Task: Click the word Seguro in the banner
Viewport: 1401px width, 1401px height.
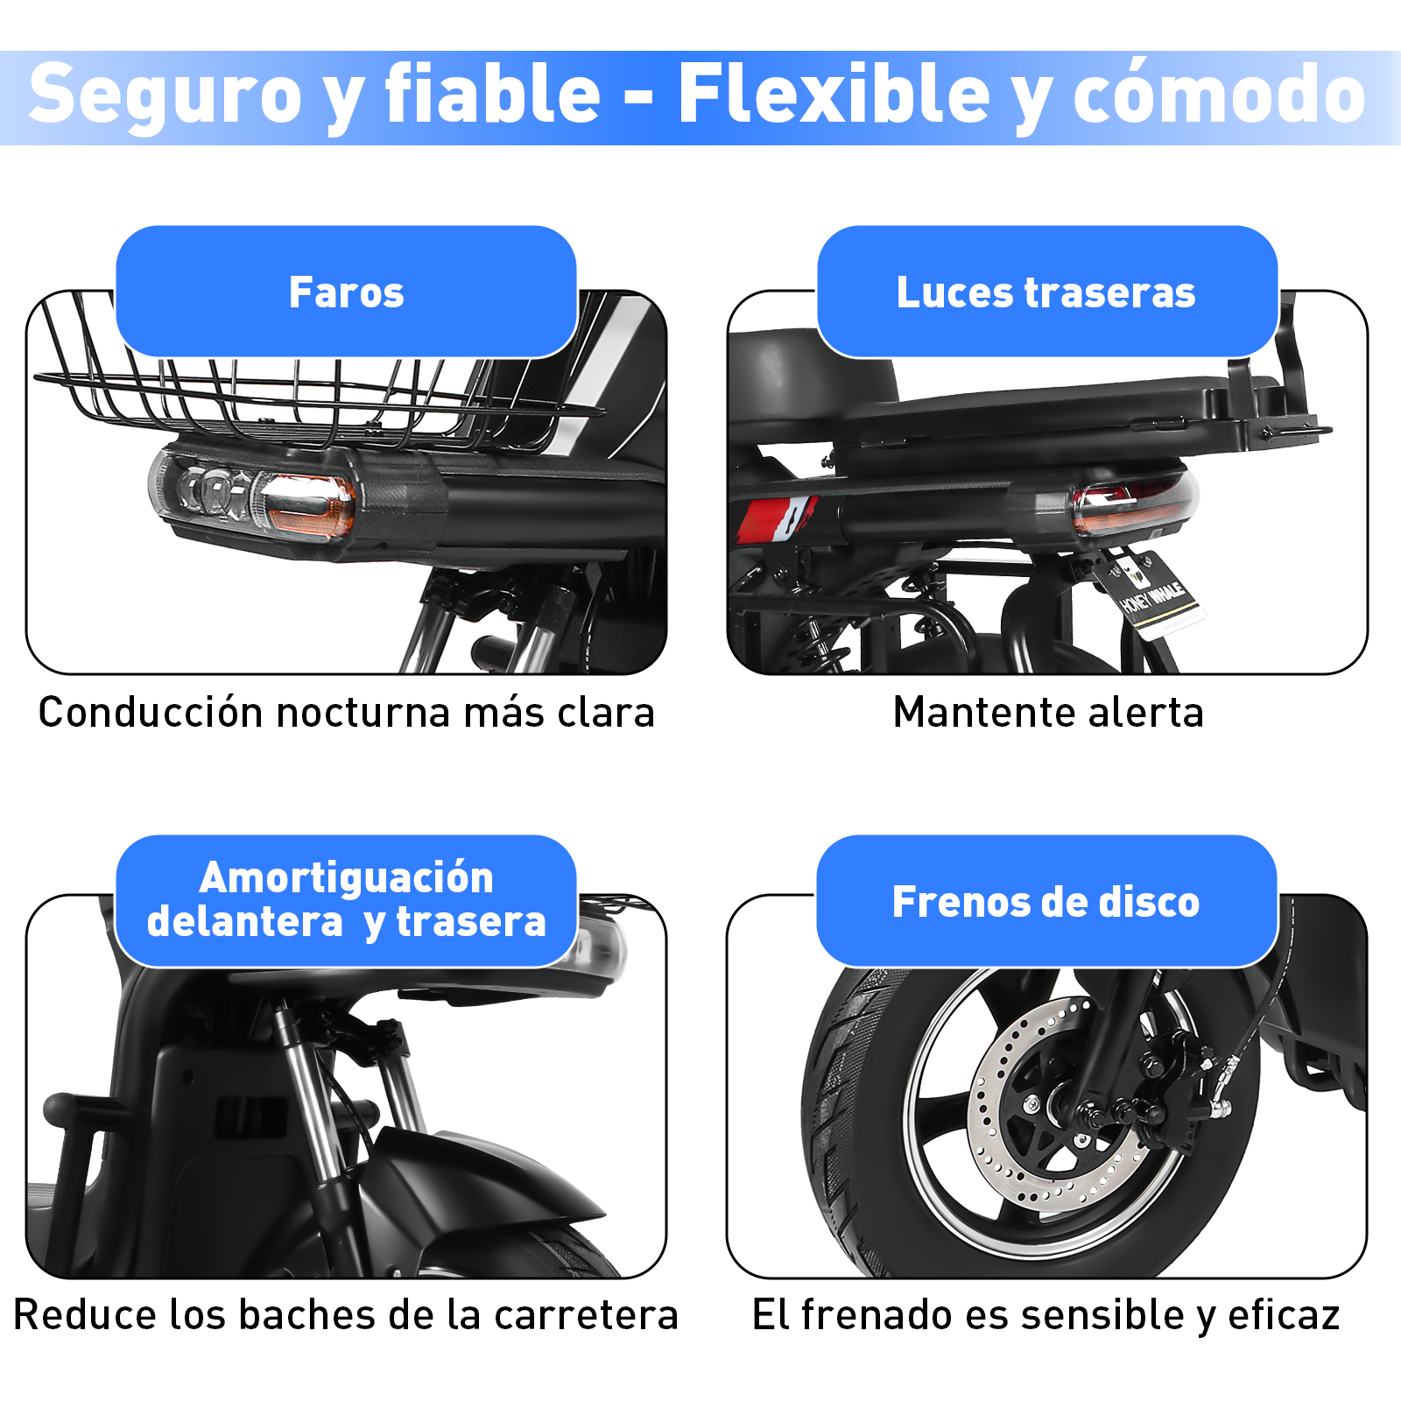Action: [x=165, y=95]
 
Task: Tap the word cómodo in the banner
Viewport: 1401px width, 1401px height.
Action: [x=1219, y=95]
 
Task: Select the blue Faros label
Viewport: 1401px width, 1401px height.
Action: [x=346, y=292]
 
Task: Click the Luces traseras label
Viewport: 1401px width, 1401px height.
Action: [x=1046, y=292]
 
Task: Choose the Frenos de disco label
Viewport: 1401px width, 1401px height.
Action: [x=1046, y=902]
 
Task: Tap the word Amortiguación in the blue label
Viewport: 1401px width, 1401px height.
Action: [x=346, y=877]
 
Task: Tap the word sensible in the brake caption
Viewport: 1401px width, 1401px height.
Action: [x=1102, y=1315]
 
